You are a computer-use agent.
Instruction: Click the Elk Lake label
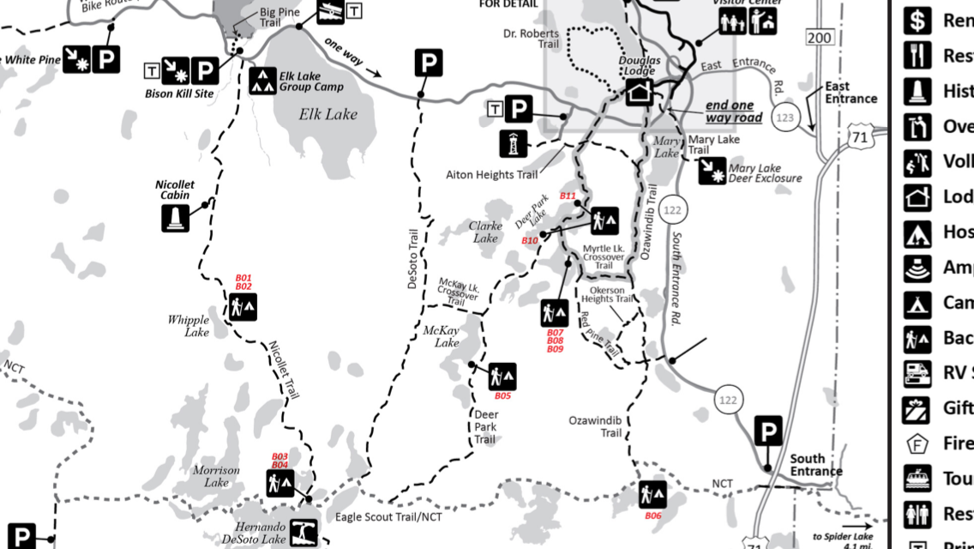pos(328,114)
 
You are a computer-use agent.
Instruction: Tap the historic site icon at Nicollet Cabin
pos(175,218)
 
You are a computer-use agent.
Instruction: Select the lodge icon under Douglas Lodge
pos(640,92)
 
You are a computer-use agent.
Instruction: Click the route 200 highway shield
pos(820,36)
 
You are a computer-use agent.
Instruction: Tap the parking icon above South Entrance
pos(768,431)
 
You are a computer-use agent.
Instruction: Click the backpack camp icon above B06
pos(652,494)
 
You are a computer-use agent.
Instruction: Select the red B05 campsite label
pos(502,395)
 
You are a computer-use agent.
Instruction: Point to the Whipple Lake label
pos(189,326)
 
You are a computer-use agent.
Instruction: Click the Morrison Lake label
pos(210,476)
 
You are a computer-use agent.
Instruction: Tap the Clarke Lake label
pos(484,232)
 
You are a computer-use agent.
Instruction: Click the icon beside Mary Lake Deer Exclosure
pos(712,172)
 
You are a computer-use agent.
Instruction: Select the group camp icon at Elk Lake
pos(262,81)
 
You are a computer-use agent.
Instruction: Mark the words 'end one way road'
pos(733,112)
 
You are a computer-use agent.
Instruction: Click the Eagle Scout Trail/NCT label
pos(388,516)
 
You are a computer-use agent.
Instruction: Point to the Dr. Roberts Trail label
pos(531,39)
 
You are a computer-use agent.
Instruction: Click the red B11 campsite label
pos(568,196)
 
